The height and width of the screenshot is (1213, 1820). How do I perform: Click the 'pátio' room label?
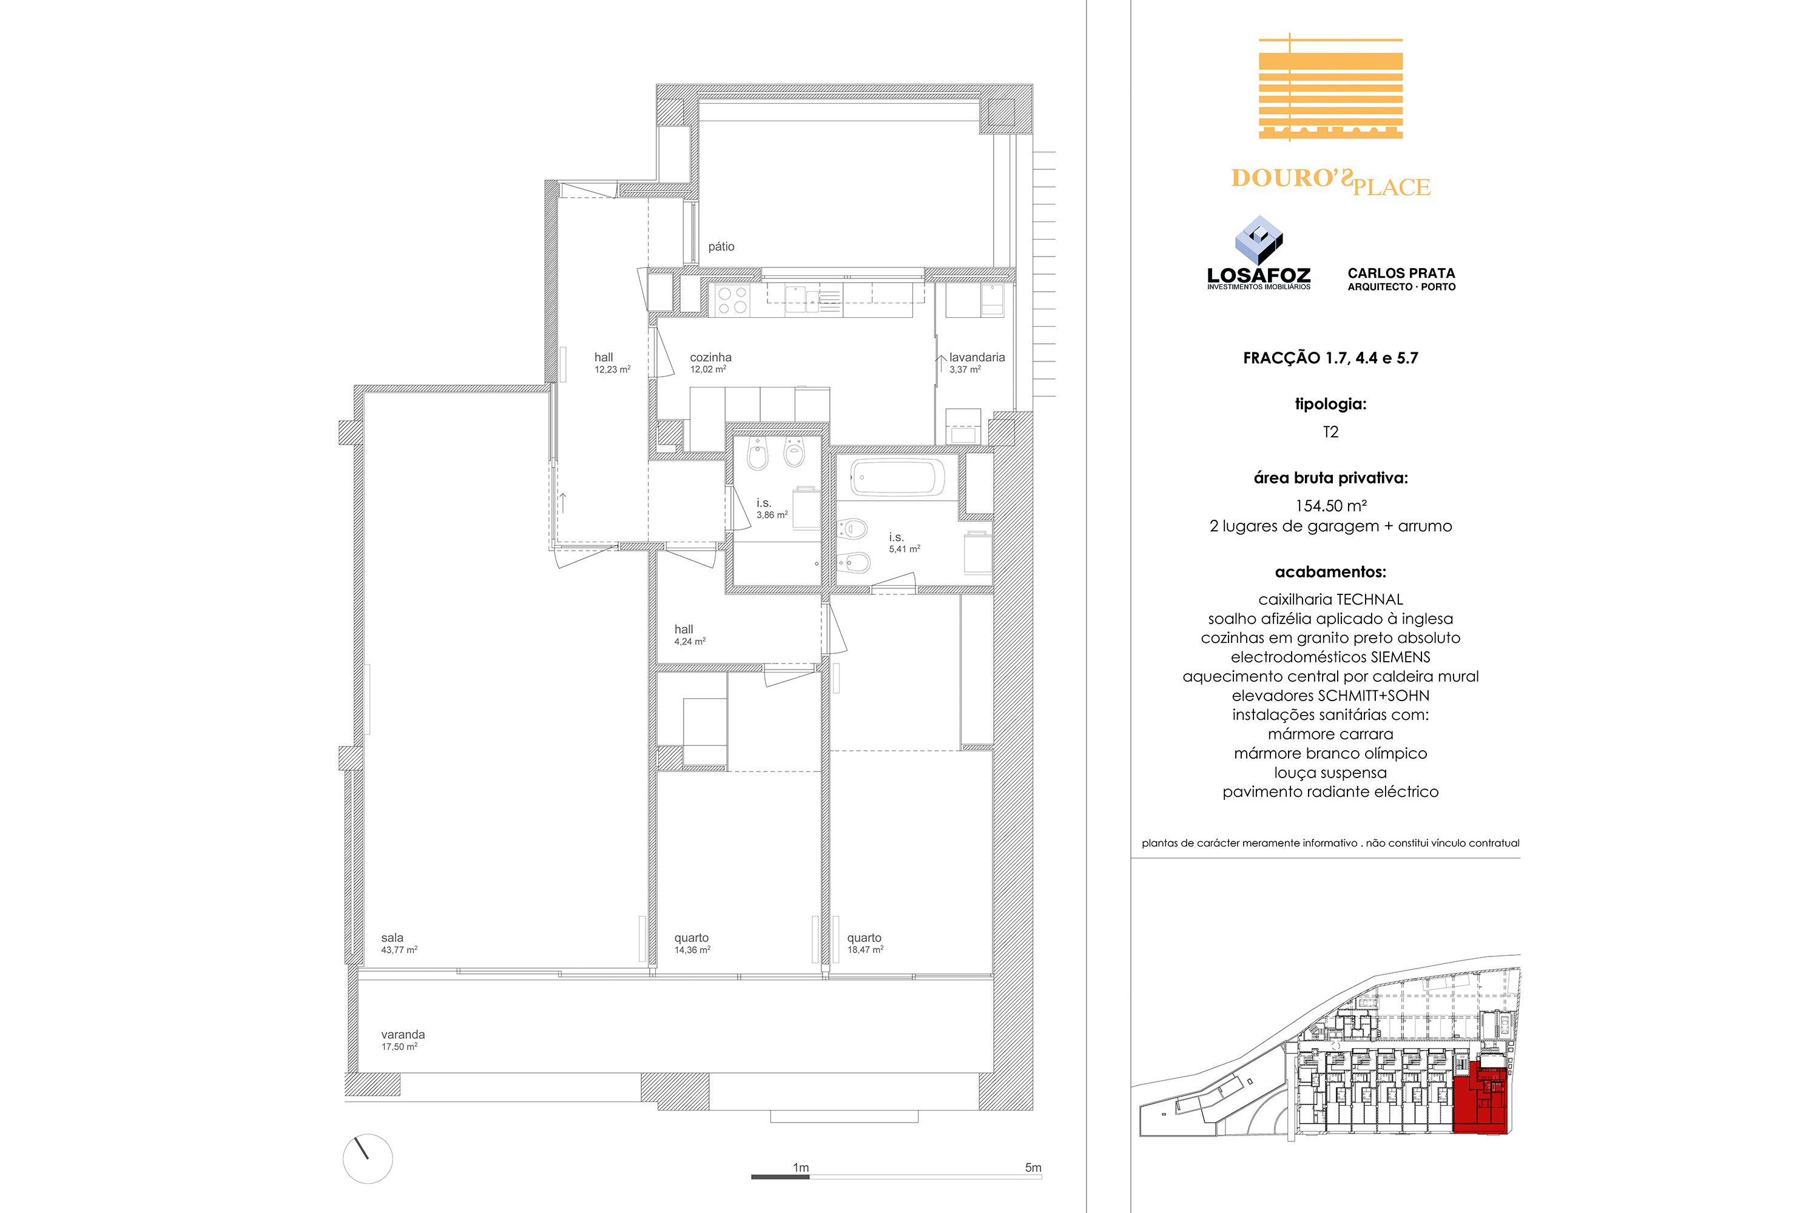[x=721, y=247]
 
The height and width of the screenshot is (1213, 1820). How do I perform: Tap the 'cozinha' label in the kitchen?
[x=710, y=357]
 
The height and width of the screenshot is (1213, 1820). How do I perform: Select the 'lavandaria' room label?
[x=977, y=357]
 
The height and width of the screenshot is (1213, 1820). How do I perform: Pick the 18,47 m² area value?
[x=865, y=949]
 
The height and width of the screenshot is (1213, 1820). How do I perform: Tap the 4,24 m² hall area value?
[x=689, y=641]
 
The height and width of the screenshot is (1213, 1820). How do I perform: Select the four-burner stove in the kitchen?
[x=732, y=300]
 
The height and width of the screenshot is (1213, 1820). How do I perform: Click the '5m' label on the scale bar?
[x=1033, y=1168]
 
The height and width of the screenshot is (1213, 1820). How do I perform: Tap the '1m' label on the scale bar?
[x=801, y=1168]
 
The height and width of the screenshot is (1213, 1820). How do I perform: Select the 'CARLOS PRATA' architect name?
[x=1401, y=273]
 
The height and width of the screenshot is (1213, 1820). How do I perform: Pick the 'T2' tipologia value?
[x=1330, y=432]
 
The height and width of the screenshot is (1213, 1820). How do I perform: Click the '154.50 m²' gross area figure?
[x=1331, y=506]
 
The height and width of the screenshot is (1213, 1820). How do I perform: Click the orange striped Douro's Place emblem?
[x=1331, y=87]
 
